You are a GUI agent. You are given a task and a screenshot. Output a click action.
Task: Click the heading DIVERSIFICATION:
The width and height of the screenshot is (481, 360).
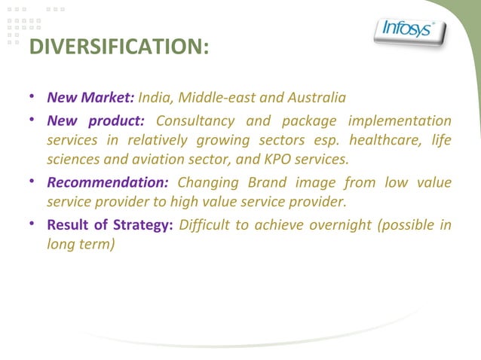[118, 47]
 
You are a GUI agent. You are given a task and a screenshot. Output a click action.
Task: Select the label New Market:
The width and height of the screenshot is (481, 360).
[90, 98]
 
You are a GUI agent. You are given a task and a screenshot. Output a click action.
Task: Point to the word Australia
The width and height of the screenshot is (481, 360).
[317, 98]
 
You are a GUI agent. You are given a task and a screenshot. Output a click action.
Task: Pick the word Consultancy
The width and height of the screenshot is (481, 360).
[198, 121]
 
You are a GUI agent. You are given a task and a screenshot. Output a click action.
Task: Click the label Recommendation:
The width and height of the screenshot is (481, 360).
[108, 183]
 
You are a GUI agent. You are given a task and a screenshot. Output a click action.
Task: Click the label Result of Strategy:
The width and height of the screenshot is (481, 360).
[111, 225]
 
